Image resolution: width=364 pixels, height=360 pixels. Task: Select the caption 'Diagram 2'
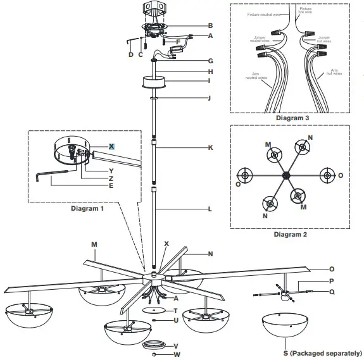tap(291, 234)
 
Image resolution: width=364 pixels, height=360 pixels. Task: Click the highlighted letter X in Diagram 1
tap(111, 146)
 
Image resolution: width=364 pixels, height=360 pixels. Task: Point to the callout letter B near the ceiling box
tap(210, 25)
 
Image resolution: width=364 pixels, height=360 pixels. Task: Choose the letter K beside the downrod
tap(210, 147)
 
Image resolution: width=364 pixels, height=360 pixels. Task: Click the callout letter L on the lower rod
tap(210, 208)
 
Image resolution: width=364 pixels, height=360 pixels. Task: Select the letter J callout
tap(210, 99)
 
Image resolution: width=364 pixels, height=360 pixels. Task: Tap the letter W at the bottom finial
tap(177, 354)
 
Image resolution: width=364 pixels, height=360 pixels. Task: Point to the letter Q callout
tap(331, 292)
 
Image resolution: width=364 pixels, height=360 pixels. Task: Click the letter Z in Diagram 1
tap(111, 178)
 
